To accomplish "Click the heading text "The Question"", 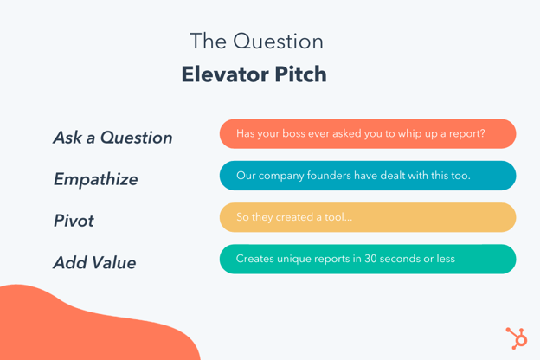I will tap(256, 42).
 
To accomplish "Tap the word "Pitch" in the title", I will tap(299, 74).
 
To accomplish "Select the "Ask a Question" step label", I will tap(112, 138).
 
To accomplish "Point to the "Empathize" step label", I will tap(95, 179).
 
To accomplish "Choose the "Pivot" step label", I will tap(74, 221).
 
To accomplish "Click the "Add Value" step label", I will tap(94, 262).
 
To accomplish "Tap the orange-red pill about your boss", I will tap(368, 134).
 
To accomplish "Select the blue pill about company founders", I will tap(368, 176).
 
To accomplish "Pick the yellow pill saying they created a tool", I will tap(368, 217).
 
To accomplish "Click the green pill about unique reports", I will tap(368, 259).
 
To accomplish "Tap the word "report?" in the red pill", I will tap(465, 134).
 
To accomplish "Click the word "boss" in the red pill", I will tap(302, 134).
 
